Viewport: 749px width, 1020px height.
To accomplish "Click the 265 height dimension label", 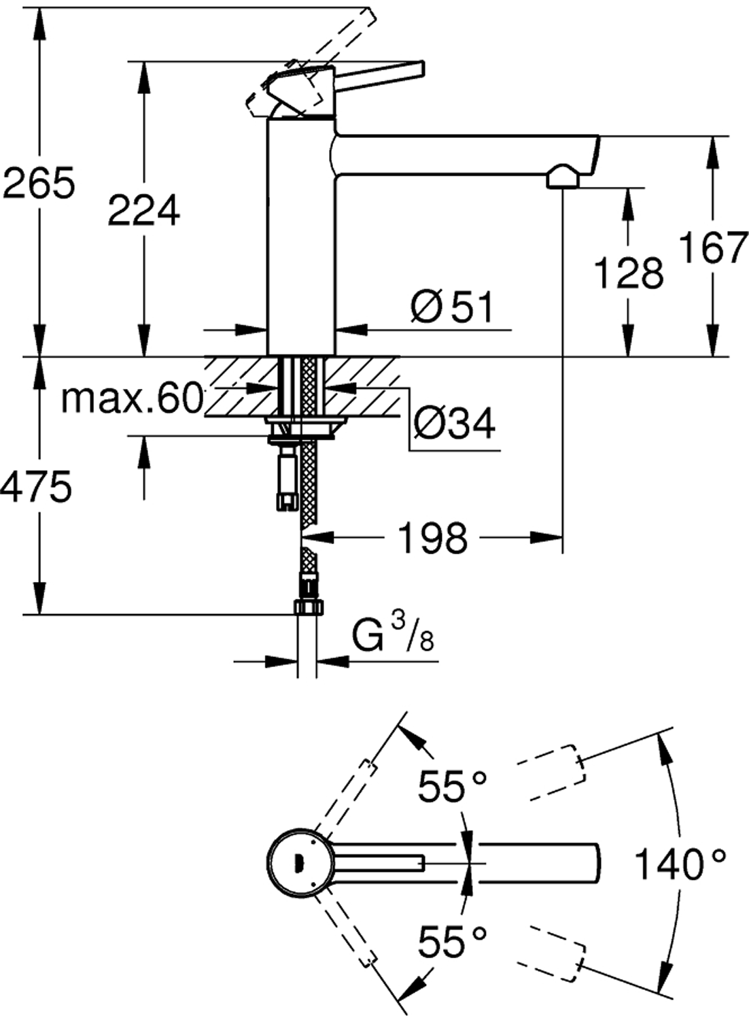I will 38,184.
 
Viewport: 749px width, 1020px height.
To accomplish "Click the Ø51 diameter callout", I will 453,307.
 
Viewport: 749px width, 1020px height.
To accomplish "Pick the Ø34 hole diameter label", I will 455,424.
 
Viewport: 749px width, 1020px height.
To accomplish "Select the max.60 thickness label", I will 132,398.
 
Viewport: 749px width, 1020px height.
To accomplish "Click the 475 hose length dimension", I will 37,487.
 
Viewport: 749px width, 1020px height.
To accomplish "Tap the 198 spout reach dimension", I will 433,538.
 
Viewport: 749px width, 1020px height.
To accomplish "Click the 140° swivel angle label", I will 680,865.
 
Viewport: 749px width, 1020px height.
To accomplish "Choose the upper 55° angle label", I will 452,787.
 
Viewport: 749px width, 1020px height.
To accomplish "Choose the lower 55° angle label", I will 452,941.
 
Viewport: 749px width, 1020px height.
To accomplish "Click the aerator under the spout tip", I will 561,178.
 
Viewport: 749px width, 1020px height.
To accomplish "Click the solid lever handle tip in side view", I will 416,69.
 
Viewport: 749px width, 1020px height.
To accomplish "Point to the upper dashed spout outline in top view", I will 551,772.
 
